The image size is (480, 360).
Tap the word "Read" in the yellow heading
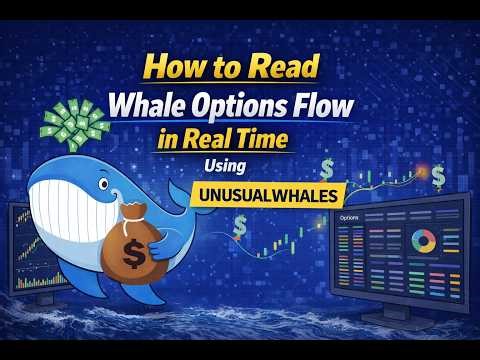point(287,67)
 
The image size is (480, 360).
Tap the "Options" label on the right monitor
point(351,217)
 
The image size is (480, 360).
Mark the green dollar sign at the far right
point(439,175)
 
